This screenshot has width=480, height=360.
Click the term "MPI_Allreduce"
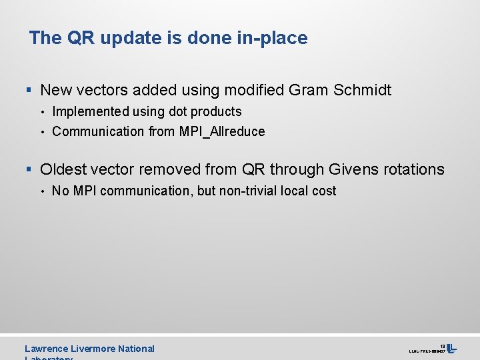[222, 131]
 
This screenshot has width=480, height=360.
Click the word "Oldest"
[64, 169]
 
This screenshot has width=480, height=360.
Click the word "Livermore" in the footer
[97, 349]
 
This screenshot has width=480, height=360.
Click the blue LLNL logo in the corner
[451, 348]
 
